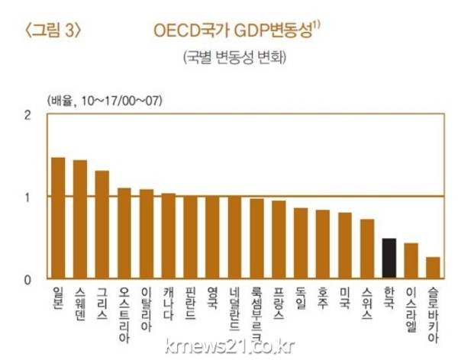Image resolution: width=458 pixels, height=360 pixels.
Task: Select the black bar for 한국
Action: click(x=389, y=259)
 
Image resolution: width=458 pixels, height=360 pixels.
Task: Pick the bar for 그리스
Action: click(x=102, y=224)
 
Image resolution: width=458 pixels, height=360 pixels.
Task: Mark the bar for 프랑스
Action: click(x=279, y=239)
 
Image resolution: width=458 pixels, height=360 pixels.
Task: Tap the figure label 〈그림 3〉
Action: click(x=53, y=33)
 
